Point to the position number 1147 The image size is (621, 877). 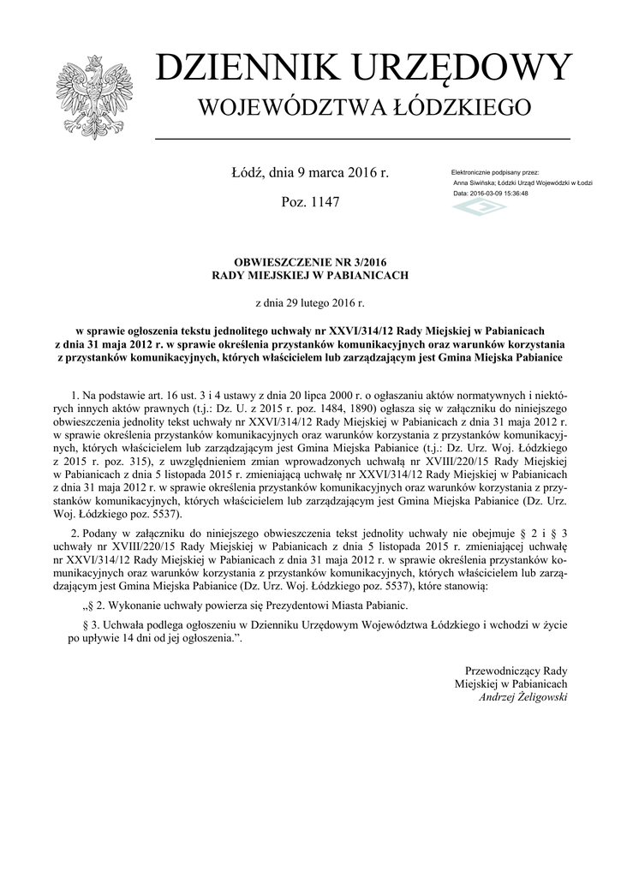(325, 203)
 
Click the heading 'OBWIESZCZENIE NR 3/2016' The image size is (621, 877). (310, 263)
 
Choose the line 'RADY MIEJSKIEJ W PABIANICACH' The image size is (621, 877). (310, 276)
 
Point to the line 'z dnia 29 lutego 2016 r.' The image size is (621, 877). (310, 302)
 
